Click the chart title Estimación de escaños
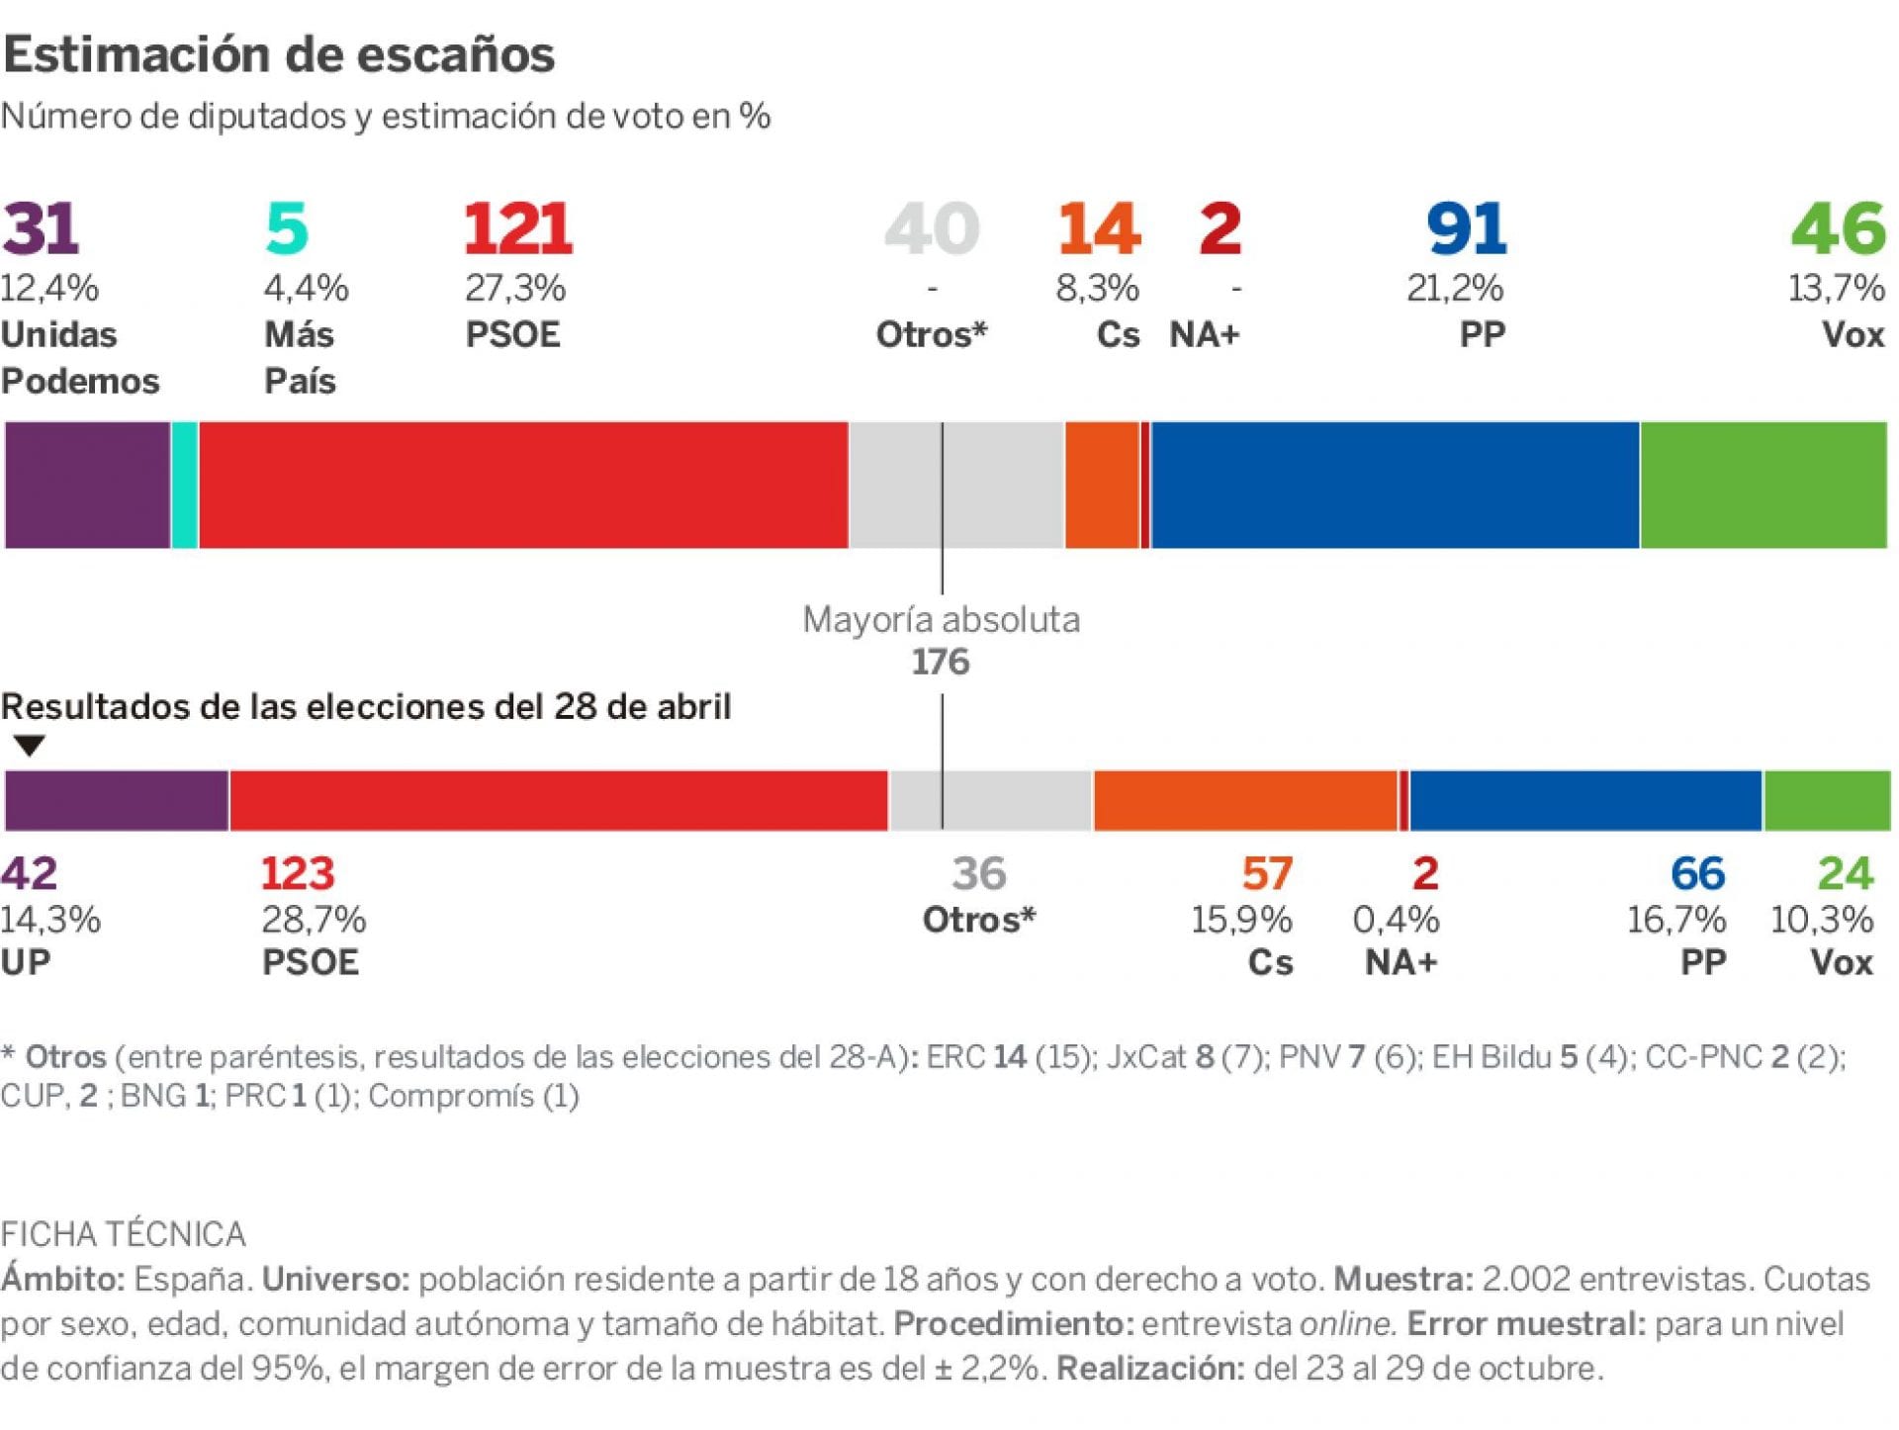tap(279, 54)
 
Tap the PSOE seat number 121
tap(517, 229)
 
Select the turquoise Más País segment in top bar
tap(184, 485)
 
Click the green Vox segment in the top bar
tap(1763, 485)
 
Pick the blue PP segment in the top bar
tap(1395, 485)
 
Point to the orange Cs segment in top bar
tap(1102, 485)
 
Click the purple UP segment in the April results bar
tap(116, 800)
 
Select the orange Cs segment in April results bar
tap(1244, 800)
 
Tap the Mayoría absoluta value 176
tap(940, 662)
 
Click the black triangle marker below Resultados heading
tap(30, 746)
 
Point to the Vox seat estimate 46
tap(1838, 229)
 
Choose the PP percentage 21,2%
tap(1454, 289)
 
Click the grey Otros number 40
tap(931, 229)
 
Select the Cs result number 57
tap(1267, 873)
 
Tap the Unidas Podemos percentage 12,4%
tap(49, 289)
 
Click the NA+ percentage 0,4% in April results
tap(1396, 920)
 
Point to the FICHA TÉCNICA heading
tap(123, 1234)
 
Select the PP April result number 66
tap(1697, 873)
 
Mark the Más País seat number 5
tap(287, 229)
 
